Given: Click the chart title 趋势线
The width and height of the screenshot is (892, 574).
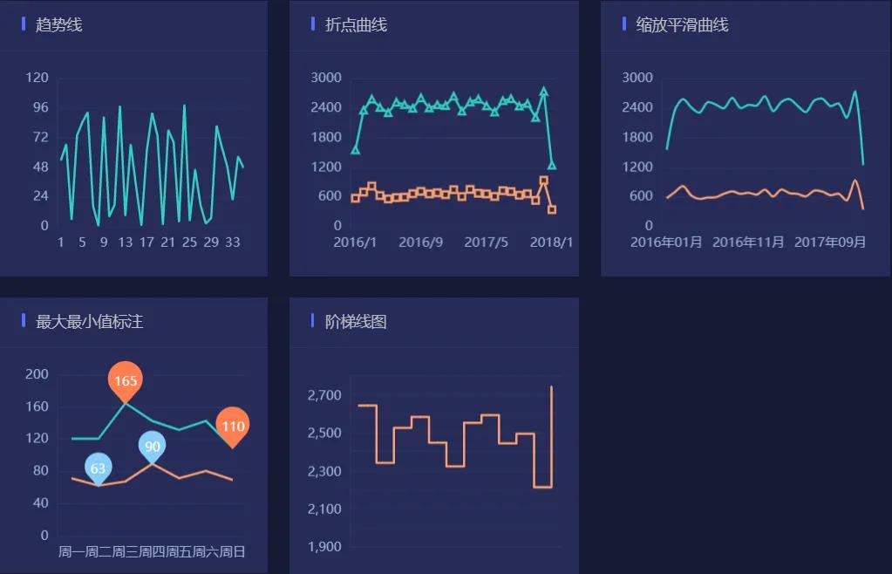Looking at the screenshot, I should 58,25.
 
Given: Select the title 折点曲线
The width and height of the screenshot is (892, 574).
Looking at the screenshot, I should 356,25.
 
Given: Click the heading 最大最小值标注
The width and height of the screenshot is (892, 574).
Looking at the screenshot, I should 89,322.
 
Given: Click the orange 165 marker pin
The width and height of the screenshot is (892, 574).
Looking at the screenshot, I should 126,380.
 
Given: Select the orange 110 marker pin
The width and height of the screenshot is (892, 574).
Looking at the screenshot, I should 233,426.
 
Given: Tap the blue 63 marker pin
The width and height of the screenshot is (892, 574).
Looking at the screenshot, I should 99,468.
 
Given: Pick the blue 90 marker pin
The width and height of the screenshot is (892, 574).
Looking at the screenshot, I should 153,447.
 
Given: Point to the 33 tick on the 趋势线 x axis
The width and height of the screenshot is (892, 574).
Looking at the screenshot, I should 233,243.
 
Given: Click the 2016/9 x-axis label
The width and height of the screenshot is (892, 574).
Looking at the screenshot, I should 420,242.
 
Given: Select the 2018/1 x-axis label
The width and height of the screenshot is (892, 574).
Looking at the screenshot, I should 552,242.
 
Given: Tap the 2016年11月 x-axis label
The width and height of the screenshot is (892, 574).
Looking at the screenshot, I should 748,242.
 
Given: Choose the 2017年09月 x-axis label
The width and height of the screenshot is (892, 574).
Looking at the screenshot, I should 830,242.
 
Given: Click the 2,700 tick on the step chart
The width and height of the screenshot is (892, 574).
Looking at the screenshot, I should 323,396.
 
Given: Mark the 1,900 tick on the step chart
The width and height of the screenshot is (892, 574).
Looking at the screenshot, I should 323,548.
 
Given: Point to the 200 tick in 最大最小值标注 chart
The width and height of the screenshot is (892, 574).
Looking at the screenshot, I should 37,374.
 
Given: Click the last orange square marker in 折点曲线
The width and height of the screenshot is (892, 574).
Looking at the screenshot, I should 552,209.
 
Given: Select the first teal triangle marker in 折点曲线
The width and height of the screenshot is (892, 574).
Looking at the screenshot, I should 355,150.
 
